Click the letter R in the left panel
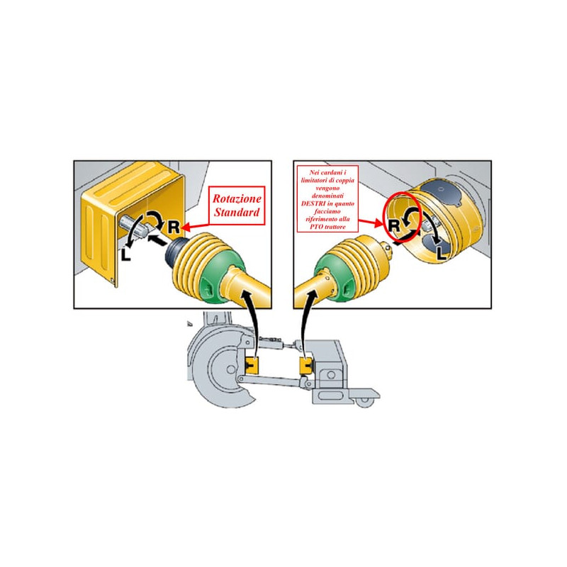click(174, 227)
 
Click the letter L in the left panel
click(125, 254)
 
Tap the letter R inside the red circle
click(394, 225)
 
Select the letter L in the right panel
click(441, 253)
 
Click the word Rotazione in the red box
click(237, 198)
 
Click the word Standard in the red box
click(237, 212)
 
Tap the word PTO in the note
click(316, 227)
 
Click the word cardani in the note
click(332, 172)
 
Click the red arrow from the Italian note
click(371, 222)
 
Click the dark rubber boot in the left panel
click(176, 252)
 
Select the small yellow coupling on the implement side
click(307, 366)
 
